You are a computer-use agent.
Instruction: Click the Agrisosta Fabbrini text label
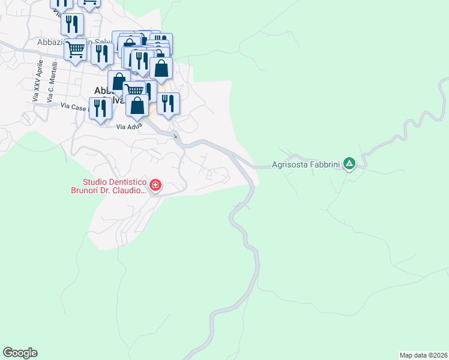tap(306, 164)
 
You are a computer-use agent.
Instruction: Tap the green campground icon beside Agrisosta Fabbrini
tap(349, 163)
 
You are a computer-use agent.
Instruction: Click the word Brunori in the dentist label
tap(99, 191)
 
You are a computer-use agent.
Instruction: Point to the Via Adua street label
tap(129, 127)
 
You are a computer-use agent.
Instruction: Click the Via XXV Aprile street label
tap(37, 81)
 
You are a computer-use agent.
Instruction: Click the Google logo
tap(20, 352)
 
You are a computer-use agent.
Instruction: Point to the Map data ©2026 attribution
tap(423, 355)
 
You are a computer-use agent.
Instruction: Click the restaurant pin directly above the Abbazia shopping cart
tap(72, 24)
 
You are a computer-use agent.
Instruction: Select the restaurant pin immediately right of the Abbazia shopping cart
tap(102, 53)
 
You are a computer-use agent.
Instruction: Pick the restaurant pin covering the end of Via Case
tap(100, 108)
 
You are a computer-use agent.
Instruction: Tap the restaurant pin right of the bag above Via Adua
tap(168, 103)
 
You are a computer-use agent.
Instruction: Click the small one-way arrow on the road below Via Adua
tap(175, 137)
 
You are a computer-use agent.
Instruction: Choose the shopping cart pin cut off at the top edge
tap(89, 3)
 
